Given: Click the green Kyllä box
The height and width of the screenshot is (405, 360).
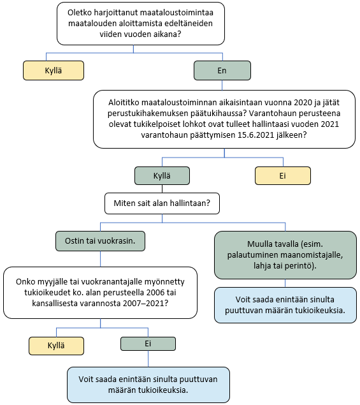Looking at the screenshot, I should pyautogui.click(x=162, y=175).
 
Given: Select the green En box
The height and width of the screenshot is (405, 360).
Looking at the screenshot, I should pyautogui.click(x=222, y=70).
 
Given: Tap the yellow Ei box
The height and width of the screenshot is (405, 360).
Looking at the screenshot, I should pyautogui.click(x=283, y=175).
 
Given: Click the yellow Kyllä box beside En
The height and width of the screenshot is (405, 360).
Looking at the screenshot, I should pyautogui.click(x=54, y=70).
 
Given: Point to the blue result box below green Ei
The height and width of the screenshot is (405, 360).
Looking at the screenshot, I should pyautogui.click(x=148, y=385).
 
